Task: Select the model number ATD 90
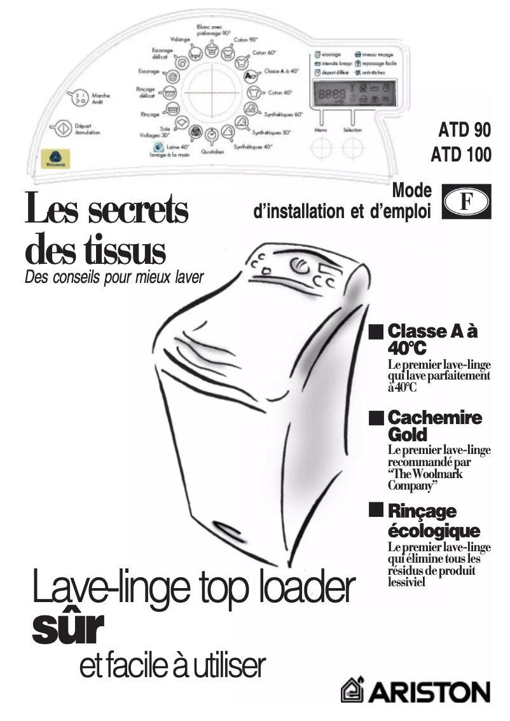(464, 131)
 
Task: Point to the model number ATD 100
(460, 155)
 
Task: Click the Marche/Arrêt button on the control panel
(79, 97)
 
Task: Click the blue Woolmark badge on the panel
(55, 156)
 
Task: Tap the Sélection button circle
(352, 147)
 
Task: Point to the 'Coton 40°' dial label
(280, 93)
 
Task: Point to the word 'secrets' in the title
(137, 211)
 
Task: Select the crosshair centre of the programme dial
(211, 93)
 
